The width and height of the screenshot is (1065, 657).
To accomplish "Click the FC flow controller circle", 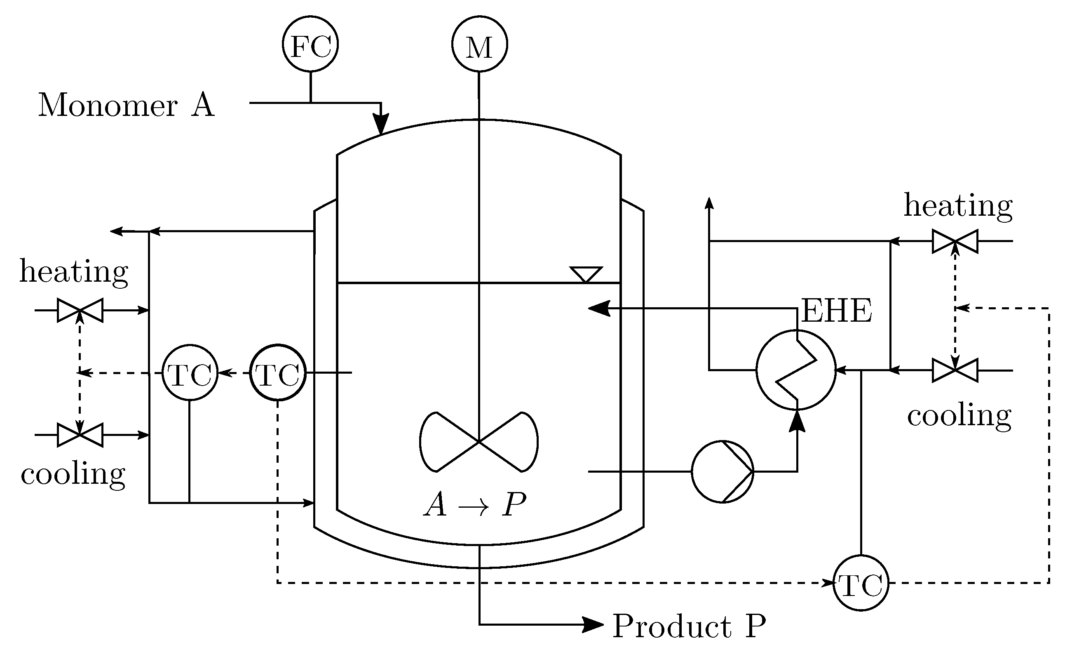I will [310, 44].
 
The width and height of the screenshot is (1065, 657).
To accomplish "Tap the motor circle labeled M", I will [479, 44].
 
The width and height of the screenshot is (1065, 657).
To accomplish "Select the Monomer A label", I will [127, 106].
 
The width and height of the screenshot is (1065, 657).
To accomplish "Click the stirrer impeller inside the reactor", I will [479, 441].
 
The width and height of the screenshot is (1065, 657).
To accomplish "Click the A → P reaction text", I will [475, 505].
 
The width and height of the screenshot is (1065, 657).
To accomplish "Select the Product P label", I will [689, 626].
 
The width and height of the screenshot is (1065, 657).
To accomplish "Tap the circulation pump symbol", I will [723, 471].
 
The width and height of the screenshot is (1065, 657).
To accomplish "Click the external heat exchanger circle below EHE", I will [796, 370].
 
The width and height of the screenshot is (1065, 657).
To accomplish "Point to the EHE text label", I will [836, 311].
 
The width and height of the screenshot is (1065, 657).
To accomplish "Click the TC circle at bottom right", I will [861, 583].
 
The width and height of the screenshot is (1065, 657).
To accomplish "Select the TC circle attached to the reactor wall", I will [278, 372].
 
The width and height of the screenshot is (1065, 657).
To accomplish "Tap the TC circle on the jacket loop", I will [190, 372].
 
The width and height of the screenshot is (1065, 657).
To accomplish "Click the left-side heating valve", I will [80, 310].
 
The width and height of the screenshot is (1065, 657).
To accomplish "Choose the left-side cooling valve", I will [80, 435].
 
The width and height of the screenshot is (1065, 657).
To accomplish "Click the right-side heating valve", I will [955, 241].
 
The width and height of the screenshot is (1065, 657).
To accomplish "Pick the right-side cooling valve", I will [955, 370].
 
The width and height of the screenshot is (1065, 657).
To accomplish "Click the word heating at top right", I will [958, 206].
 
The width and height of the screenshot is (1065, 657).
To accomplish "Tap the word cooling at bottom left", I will [73, 474].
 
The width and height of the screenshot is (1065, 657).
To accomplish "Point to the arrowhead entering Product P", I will [593, 625].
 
